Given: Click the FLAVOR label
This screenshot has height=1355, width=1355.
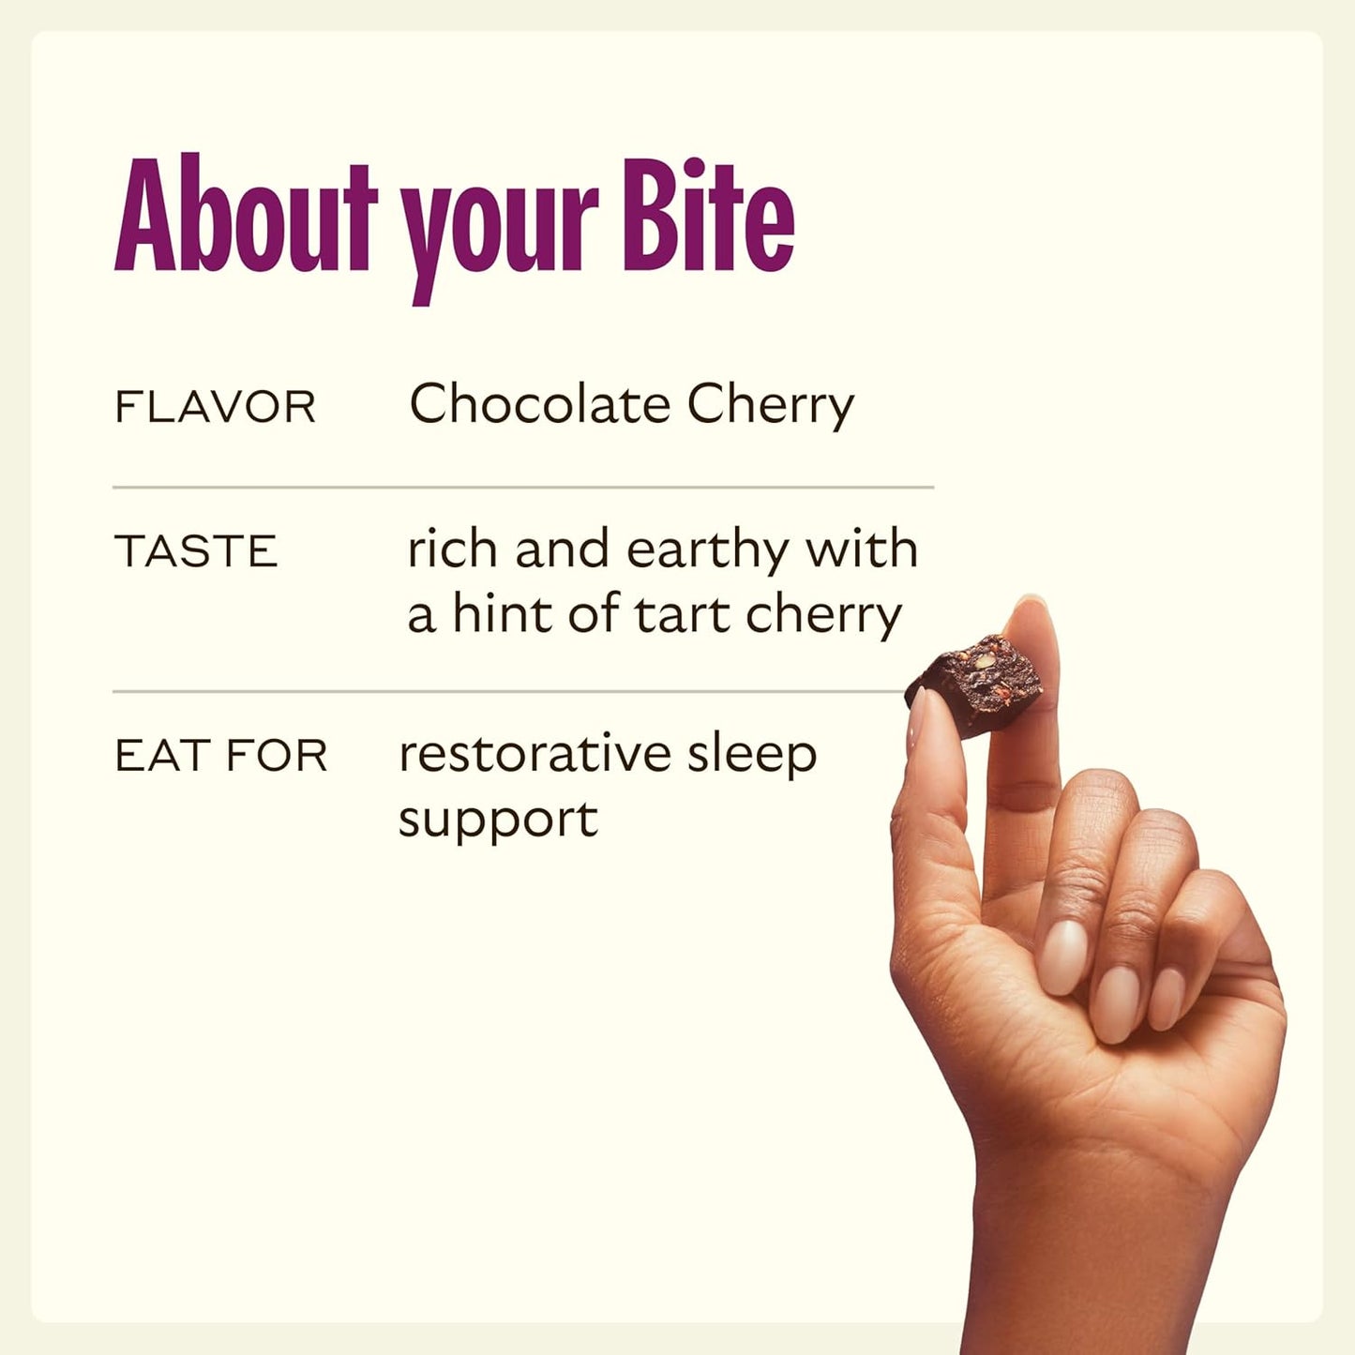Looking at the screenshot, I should (215, 407).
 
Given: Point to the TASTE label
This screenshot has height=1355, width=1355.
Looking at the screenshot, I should (196, 550).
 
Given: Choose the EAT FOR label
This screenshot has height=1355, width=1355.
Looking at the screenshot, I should (221, 756).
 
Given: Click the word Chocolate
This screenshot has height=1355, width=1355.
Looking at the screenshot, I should (539, 404).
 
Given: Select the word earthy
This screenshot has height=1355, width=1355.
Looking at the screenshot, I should (707, 550).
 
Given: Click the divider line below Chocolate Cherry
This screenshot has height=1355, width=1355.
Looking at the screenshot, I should (523, 488).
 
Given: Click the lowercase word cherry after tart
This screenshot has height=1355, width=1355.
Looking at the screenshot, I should (823, 617).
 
